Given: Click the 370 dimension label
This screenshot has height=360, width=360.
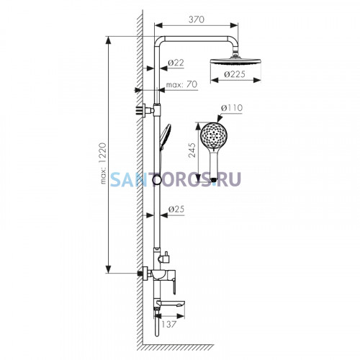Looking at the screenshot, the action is click(197, 19).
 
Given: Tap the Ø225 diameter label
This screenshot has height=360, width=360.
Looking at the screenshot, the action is click(235, 74).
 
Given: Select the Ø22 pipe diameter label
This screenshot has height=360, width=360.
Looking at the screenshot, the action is click(176, 63).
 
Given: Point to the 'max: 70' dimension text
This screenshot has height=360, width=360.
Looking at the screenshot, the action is click(181, 84).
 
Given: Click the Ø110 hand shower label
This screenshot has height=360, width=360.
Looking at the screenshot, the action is click(232, 108).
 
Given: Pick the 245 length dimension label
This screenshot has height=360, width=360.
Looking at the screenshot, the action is click(192, 150).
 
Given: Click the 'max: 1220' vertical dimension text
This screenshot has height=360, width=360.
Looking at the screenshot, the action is click(103, 163).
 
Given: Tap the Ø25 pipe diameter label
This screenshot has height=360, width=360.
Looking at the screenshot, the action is click(176, 209).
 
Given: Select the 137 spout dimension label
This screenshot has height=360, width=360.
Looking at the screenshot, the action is click(169, 324).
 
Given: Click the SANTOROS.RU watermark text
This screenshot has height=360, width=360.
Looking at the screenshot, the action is click(176, 179).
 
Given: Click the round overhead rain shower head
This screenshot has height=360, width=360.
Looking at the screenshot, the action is click(235, 60).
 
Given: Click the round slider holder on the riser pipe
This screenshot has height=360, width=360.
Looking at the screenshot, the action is click(157, 180).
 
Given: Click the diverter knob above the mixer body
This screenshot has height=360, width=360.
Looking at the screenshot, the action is click(165, 257).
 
